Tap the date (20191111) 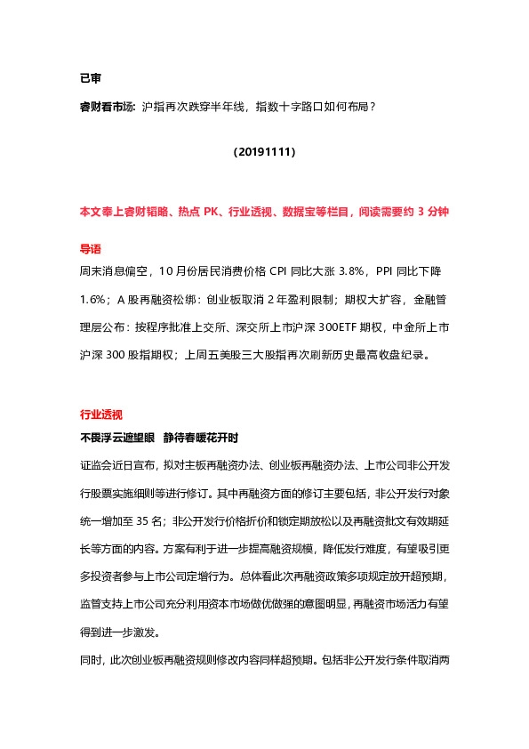pos(264,152)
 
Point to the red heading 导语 pos(91,248)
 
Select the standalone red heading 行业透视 pos(101,415)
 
